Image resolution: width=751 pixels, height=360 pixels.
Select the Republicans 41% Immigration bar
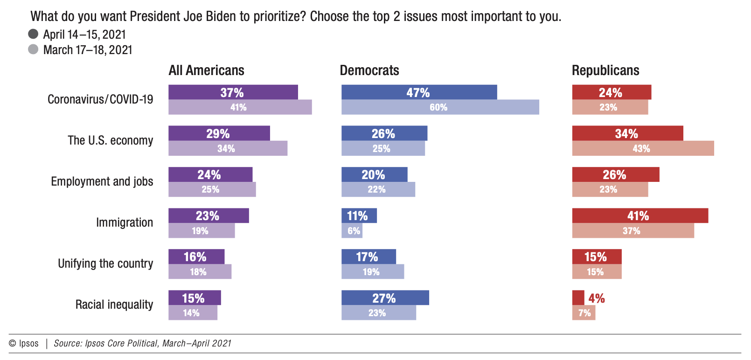(x=640, y=215)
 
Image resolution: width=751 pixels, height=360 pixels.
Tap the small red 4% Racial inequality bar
(x=578, y=298)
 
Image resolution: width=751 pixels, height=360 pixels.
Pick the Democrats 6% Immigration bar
(x=352, y=231)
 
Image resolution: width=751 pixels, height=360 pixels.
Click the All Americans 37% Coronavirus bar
(x=233, y=92)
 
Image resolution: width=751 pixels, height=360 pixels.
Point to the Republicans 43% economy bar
(x=643, y=148)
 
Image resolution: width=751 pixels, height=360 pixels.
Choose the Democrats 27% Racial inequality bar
(x=385, y=298)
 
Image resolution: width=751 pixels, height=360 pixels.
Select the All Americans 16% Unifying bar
(x=196, y=256)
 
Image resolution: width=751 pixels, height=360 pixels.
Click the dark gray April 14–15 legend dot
(x=33, y=34)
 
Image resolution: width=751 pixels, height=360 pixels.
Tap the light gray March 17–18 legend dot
(x=33, y=49)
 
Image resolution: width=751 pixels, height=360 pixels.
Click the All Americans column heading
(x=206, y=70)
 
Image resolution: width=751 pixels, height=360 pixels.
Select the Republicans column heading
(x=605, y=70)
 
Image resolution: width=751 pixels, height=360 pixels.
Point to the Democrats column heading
(x=369, y=70)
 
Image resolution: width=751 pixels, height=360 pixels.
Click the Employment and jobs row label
(x=102, y=181)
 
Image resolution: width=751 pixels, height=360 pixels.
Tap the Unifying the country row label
(x=105, y=263)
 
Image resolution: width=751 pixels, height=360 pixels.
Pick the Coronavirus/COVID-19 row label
(x=100, y=99)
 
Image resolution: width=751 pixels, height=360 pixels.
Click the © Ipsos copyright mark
(x=24, y=344)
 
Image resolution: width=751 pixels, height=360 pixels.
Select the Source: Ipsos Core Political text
(x=142, y=344)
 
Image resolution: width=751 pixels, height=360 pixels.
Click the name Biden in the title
(x=221, y=16)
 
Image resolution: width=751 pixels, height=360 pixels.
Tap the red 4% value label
(x=596, y=298)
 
